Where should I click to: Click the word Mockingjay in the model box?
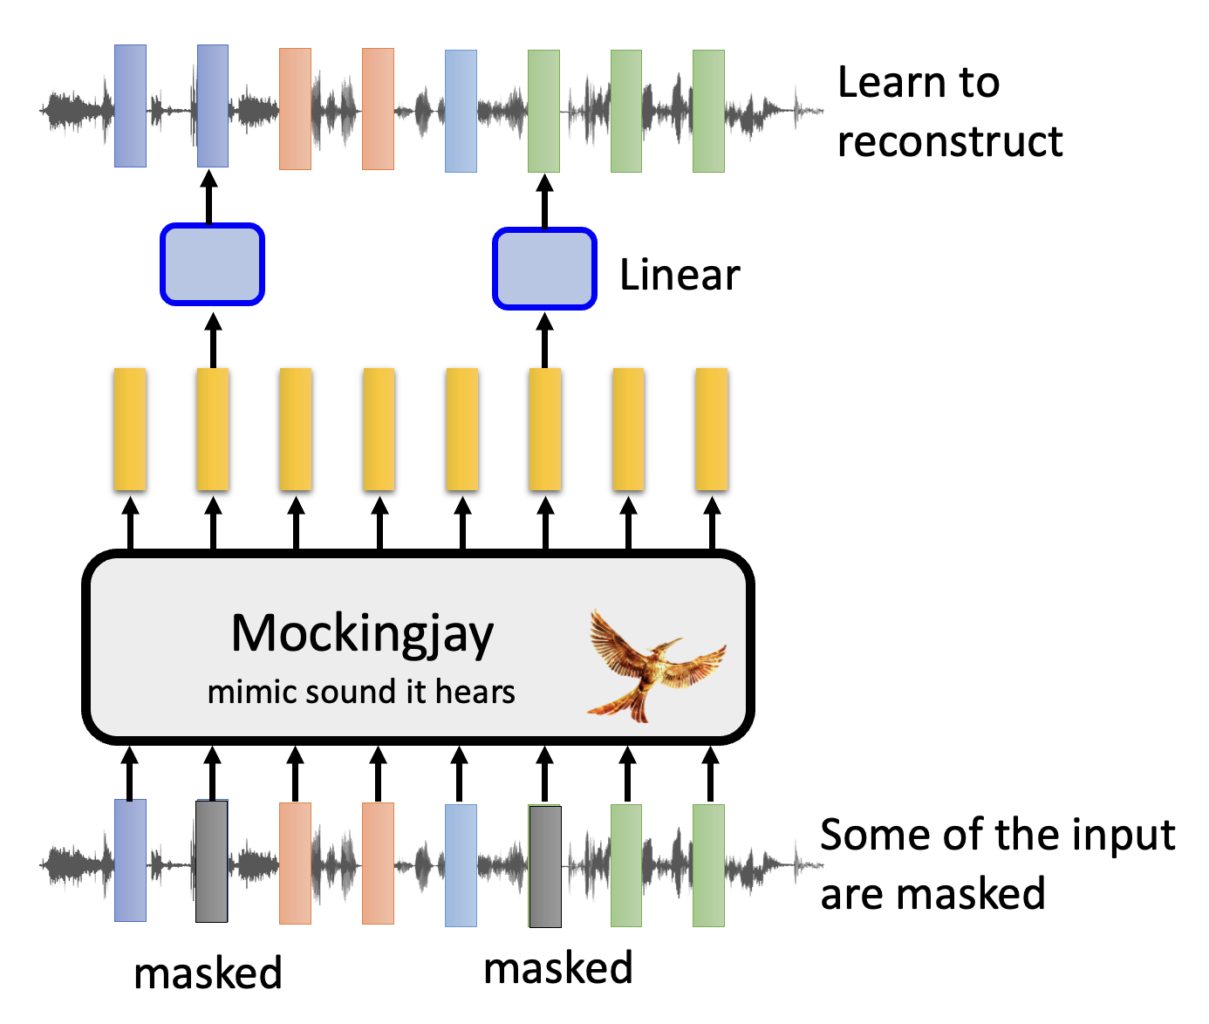362,633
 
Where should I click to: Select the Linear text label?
680,276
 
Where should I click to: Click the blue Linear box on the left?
212,264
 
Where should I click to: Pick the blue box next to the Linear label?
544,269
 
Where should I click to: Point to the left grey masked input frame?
212,862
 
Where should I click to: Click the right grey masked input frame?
545,865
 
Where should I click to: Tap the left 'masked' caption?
208,973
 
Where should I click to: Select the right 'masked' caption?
558,968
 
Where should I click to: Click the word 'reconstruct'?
950,141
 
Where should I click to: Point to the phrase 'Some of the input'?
998,835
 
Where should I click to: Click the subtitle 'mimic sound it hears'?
361,692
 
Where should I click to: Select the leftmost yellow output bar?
130,429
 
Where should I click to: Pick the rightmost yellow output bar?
711,429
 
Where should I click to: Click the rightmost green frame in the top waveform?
708,111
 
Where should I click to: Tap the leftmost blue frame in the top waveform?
130,106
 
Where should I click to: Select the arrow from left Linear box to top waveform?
209,197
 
